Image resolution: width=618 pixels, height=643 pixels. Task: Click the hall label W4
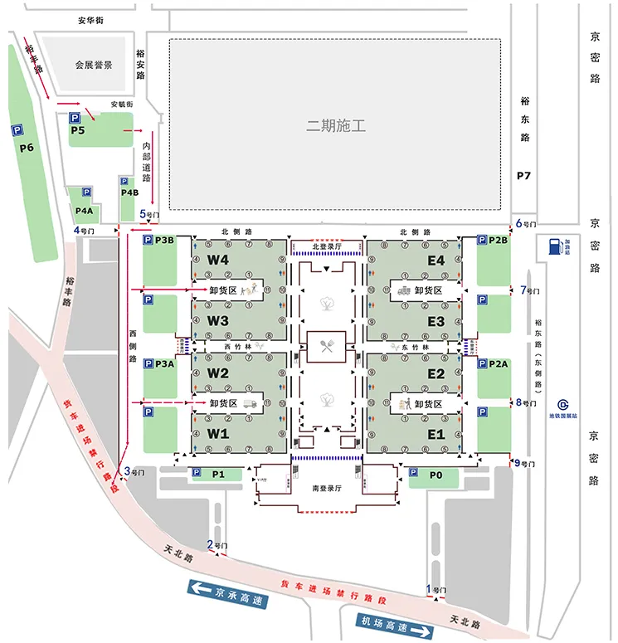pyautogui.click(x=218, y=260)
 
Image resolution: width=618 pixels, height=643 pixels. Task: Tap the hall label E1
pyautogui.click(x=436, y=434)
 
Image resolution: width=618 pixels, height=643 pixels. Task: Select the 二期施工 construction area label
pyautogui.click(x=336, y=126)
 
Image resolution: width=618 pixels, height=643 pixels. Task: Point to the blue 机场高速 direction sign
pyautogui.click(x=395, y=621)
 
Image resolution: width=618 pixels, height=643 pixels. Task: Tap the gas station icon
pyautogui.click(x=551, y=246)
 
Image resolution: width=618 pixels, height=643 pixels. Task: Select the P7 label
pyautogui.click(x=523, y=176)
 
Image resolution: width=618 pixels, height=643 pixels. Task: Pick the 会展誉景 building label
pyautogui.click(x=93, y=65)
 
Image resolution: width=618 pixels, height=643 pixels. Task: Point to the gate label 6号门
pyautogui.click(x=528, y=223)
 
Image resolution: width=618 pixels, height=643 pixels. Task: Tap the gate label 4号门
pyautogui.click(x=85, y=231)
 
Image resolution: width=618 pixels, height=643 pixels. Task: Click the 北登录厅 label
pyautogui.click(x=326, y=246)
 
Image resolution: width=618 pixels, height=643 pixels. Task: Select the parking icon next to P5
pyautogui.click(x=74, y=119)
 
